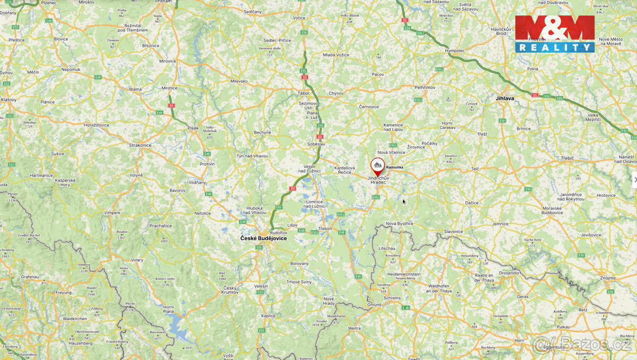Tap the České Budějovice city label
pos(263,238)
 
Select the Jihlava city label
pos(504,98)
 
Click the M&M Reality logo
pos(555,33)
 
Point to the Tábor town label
pos(304,93)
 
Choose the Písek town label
pos(193,128)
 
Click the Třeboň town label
pos(324,228)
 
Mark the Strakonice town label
pos(140,145)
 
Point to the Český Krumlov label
pos(230,290)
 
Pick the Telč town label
pos(475,168)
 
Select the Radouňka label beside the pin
pos(394,167)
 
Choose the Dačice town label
pos(471,203)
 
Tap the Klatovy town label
pos(8,100)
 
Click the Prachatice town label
pos(160,226)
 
